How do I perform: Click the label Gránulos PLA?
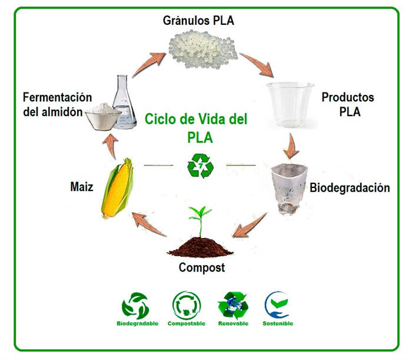pos(198,21)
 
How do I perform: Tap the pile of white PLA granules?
pos(203,49)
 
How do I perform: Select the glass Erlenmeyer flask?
pos(124,102)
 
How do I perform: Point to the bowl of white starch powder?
pos(104,117)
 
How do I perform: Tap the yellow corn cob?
pos(118,189)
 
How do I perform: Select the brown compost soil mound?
pos(201,247)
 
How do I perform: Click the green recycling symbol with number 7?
pos(201,166)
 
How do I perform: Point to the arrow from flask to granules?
pos(149,64)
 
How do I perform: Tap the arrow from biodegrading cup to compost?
pos(250,225)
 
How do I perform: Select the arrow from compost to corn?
pos(149,224)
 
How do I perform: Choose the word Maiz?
pos(82,187)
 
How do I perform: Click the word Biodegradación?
pos(350,188)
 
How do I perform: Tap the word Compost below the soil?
pos(202,267)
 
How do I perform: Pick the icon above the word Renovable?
pos(233,305)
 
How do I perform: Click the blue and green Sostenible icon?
pos(277,305)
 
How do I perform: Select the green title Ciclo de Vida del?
pos(196,119)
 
